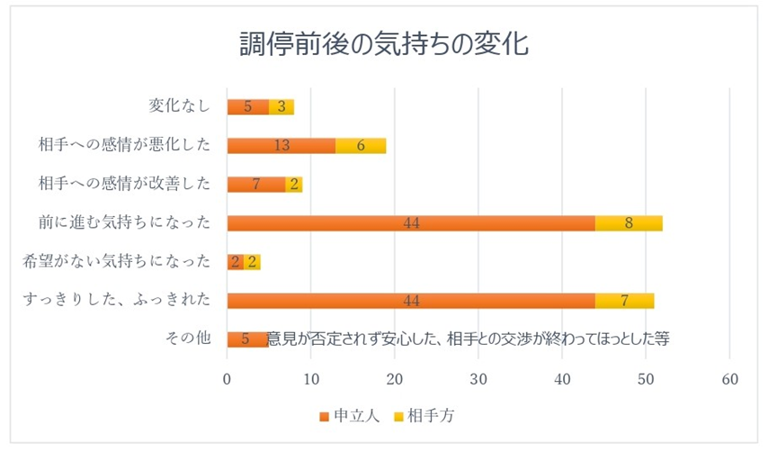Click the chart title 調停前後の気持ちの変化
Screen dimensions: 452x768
[383, 42]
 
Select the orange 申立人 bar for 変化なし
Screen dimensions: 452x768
[247, 107]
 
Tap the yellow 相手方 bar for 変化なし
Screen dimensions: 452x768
[281, 107]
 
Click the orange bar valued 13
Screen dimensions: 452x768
[281, 146]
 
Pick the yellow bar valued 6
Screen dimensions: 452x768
[361, 146]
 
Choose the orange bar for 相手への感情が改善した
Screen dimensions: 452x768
[256, 185]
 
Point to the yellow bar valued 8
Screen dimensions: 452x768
[629, 223]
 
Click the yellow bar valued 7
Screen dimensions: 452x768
[624, 301]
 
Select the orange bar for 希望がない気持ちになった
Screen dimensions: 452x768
[235, 262]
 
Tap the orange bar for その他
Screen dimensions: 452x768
[246, 339]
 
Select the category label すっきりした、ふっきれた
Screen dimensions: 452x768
[117, 301]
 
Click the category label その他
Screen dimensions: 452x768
[188, 339]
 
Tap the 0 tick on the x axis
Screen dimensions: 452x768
[227, 379]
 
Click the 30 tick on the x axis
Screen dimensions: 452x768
[478, 379]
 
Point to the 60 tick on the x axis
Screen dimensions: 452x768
[729, 379]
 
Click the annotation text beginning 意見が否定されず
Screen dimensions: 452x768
[468, 339]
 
